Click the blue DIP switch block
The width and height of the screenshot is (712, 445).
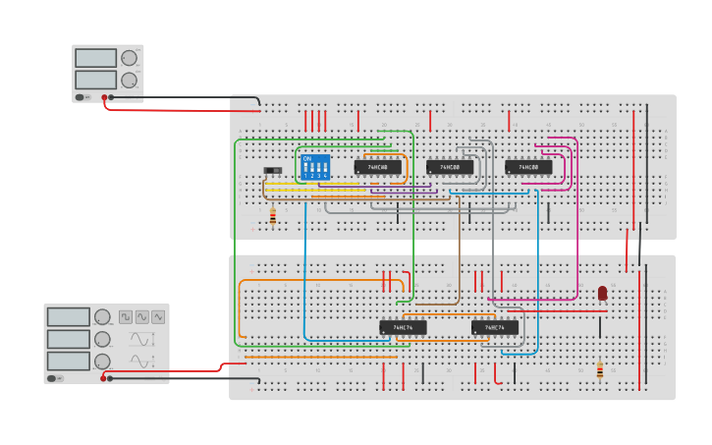[x=315, y=165]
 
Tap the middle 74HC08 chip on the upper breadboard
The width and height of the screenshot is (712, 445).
[x=450, y=167]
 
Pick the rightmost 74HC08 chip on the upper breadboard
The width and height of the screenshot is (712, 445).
[x=528, y=167]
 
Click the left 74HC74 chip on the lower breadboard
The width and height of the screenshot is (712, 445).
[x=403, y=327]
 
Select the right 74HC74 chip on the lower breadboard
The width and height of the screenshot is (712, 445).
[x=494, y=327]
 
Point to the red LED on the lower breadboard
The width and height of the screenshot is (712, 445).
[x=602, y=293]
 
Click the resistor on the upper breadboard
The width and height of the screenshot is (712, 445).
[x=272, y=217]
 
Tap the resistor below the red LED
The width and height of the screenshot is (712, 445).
[x=600, y=370]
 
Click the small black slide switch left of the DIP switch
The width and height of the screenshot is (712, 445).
[x=272, y=171]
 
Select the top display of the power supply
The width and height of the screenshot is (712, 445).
[x=95, y=58]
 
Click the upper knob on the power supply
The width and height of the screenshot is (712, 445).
[x=129, y=58]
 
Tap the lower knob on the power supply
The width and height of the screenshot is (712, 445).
[x=129, y=80]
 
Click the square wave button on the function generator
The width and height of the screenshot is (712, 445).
[x=126, y=316]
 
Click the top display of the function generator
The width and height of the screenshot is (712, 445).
[x=68, y=316]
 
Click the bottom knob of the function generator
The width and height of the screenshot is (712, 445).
[x=102, y=362]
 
